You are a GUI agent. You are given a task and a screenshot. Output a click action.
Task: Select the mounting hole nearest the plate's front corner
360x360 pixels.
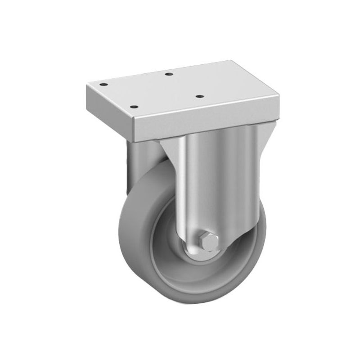133,107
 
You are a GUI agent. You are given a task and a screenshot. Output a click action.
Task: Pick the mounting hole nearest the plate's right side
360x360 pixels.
198,95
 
